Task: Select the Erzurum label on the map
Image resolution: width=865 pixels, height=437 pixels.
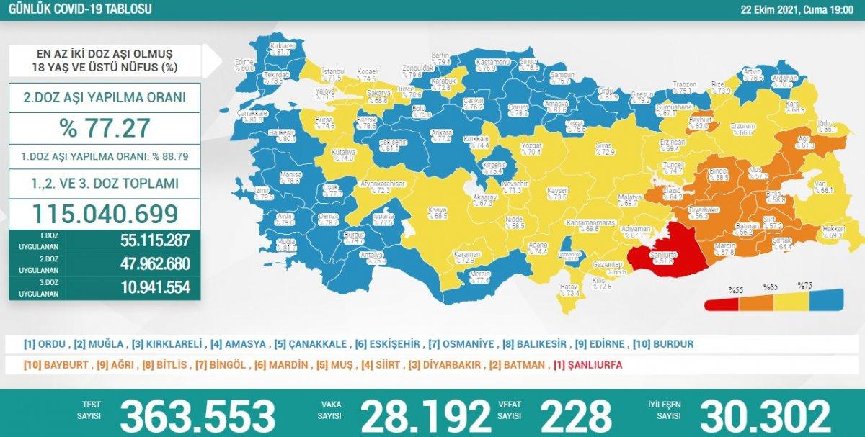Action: click(x=741, y=128)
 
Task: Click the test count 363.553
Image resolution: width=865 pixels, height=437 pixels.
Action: click(x=197, y=416)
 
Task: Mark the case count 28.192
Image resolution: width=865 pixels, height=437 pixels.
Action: click(x=425, y=416)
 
